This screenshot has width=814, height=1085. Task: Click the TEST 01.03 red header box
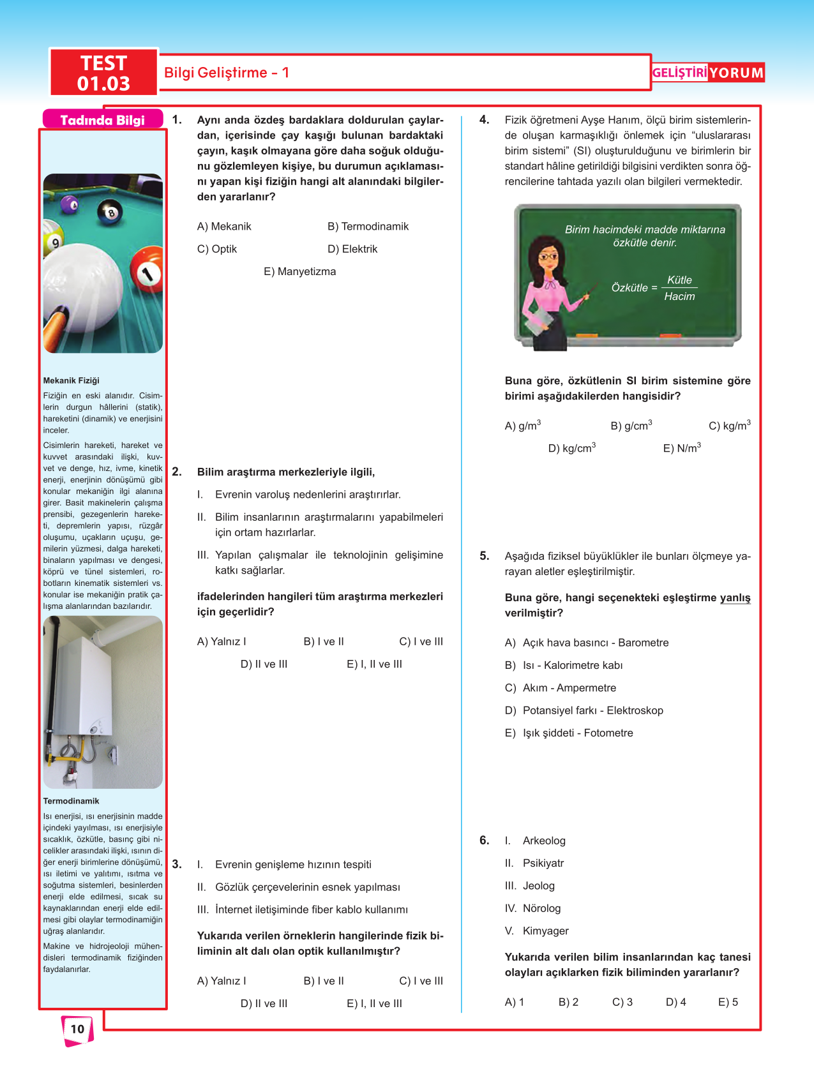coord(103,73)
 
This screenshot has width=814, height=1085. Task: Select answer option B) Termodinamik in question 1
coord(368,227)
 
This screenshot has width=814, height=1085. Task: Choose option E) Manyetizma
coord(299,272)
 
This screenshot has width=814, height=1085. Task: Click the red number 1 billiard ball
coord(147,273)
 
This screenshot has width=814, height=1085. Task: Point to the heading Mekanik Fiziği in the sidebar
coord(71,380)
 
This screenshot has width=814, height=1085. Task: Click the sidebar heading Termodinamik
coord(71,801)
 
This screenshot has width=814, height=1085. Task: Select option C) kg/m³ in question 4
coord(729,426)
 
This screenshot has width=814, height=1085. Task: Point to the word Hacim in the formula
coord(679,297)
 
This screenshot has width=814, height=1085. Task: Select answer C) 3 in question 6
coord(622,1002)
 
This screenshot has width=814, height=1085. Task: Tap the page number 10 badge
coord(77,1029)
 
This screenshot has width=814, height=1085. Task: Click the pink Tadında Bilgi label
coord(102,120)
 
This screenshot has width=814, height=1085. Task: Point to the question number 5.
coord(485,556)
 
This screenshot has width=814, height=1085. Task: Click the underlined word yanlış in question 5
coord(735,598)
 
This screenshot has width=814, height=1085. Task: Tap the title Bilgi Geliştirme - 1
coord(227,73)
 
